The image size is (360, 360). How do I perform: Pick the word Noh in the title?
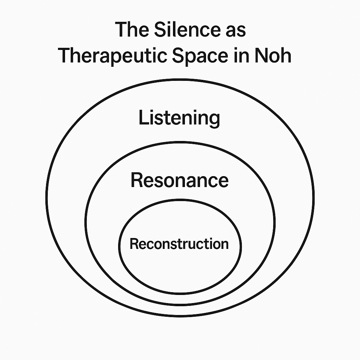(x=274, y=56)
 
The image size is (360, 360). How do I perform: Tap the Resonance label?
(x=179, y=180)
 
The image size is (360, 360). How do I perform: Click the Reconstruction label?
(x=179, y=244)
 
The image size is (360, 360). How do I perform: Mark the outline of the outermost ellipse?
(x=46, y=197)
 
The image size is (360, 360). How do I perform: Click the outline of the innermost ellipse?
(x=119, y=246)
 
